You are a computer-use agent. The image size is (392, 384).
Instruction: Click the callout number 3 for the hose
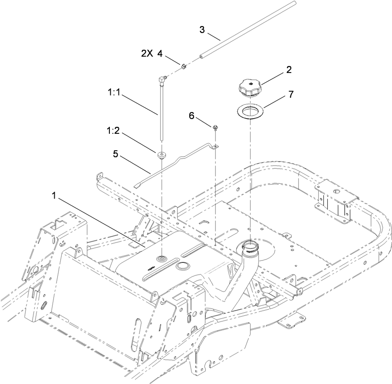(202, 30)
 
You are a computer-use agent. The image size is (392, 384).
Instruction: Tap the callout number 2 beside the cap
(289, 69)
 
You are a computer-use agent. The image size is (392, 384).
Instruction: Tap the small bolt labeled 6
(215, 127)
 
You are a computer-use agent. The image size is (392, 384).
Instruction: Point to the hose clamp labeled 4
(184, 66)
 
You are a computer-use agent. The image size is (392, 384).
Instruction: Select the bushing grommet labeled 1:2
(161, 155)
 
